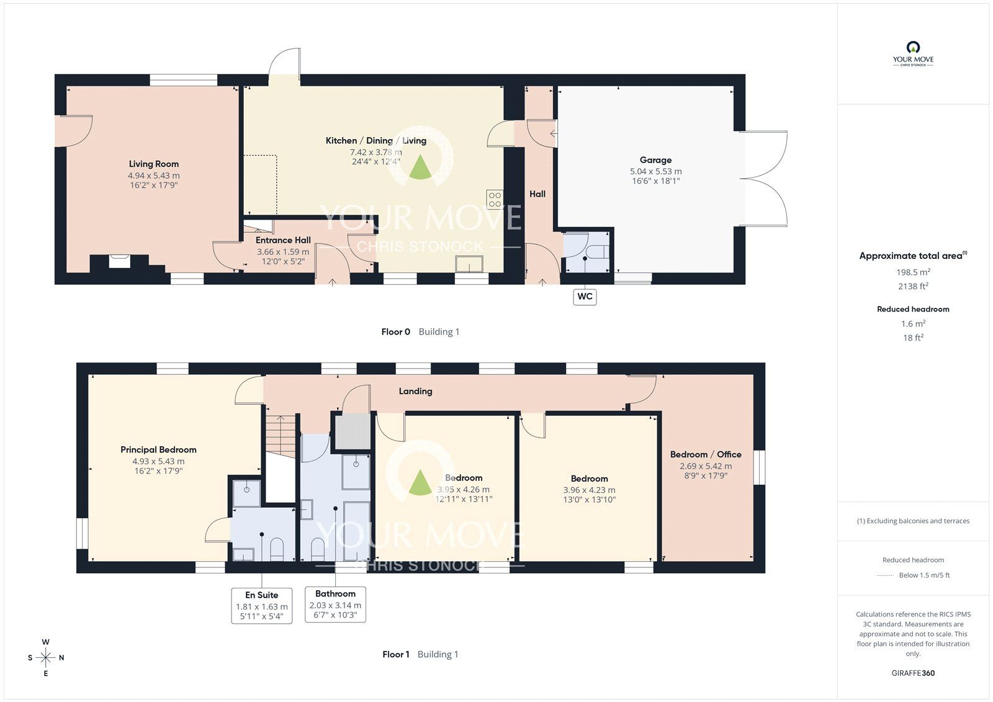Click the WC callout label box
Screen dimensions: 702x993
[x=585, y=297]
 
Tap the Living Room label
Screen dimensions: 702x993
[x=154, y=164]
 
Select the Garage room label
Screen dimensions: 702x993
[x=655, y=160]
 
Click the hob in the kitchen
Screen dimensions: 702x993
[x=495, y=200]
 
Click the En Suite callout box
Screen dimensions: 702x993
[x=261, y=605]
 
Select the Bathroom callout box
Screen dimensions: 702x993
[x=335, y=605]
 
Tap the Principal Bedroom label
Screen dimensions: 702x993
[x=158, y=449]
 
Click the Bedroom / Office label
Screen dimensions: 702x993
[x=706, y=454]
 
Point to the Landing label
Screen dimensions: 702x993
[x=415, y=391]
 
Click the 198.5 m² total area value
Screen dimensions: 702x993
[x=913, y=272]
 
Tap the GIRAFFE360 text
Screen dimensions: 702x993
[x=913, y=673]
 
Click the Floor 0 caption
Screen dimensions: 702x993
[x=395, y=331]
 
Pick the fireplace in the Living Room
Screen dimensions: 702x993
[x=119, y=261]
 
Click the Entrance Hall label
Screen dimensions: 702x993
[x=283, y=240]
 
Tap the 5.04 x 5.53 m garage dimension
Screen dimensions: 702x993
[x=655, y=171]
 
